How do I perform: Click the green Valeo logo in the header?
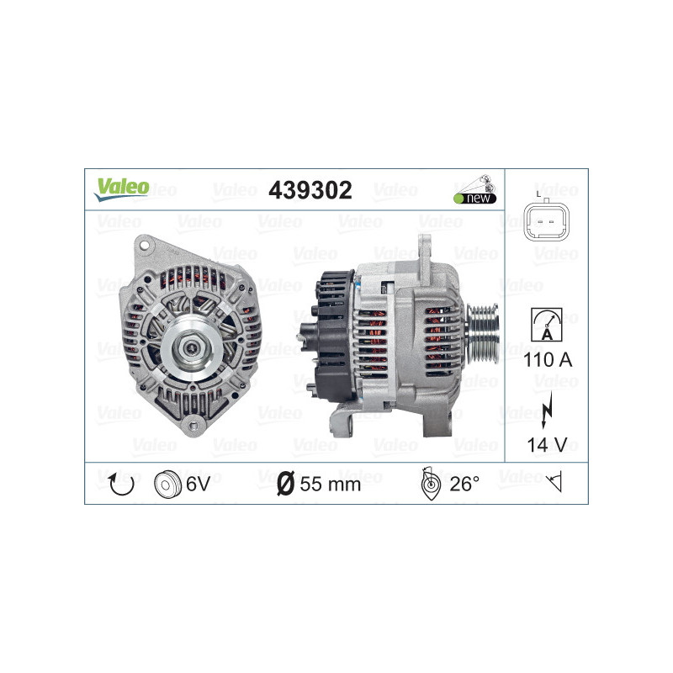coord(121,188)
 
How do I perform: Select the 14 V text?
coord(546,445)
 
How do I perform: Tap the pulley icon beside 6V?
coord(168,484)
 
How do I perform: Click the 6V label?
coord(199,484)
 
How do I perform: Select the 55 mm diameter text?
coord(330,484)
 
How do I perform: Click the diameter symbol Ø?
coord(285,484)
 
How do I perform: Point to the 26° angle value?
coord(464,484)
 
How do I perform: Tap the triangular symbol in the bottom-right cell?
coord(554,483)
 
